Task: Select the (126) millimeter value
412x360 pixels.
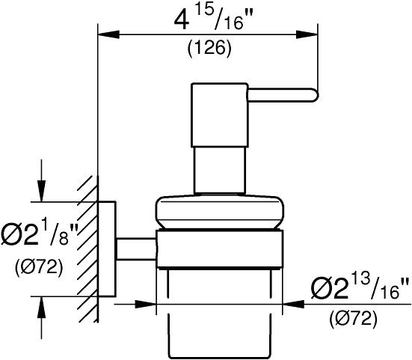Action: (209, 49)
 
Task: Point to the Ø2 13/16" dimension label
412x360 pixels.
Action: (360, 287)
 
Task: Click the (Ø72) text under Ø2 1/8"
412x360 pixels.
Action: (39, 267)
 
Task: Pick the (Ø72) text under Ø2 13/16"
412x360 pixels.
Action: (353, 319)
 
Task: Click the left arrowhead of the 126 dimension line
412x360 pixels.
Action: (108, 34)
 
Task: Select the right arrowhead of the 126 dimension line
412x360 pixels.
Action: (307, 34)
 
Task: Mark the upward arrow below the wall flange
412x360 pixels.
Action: (41, 317)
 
